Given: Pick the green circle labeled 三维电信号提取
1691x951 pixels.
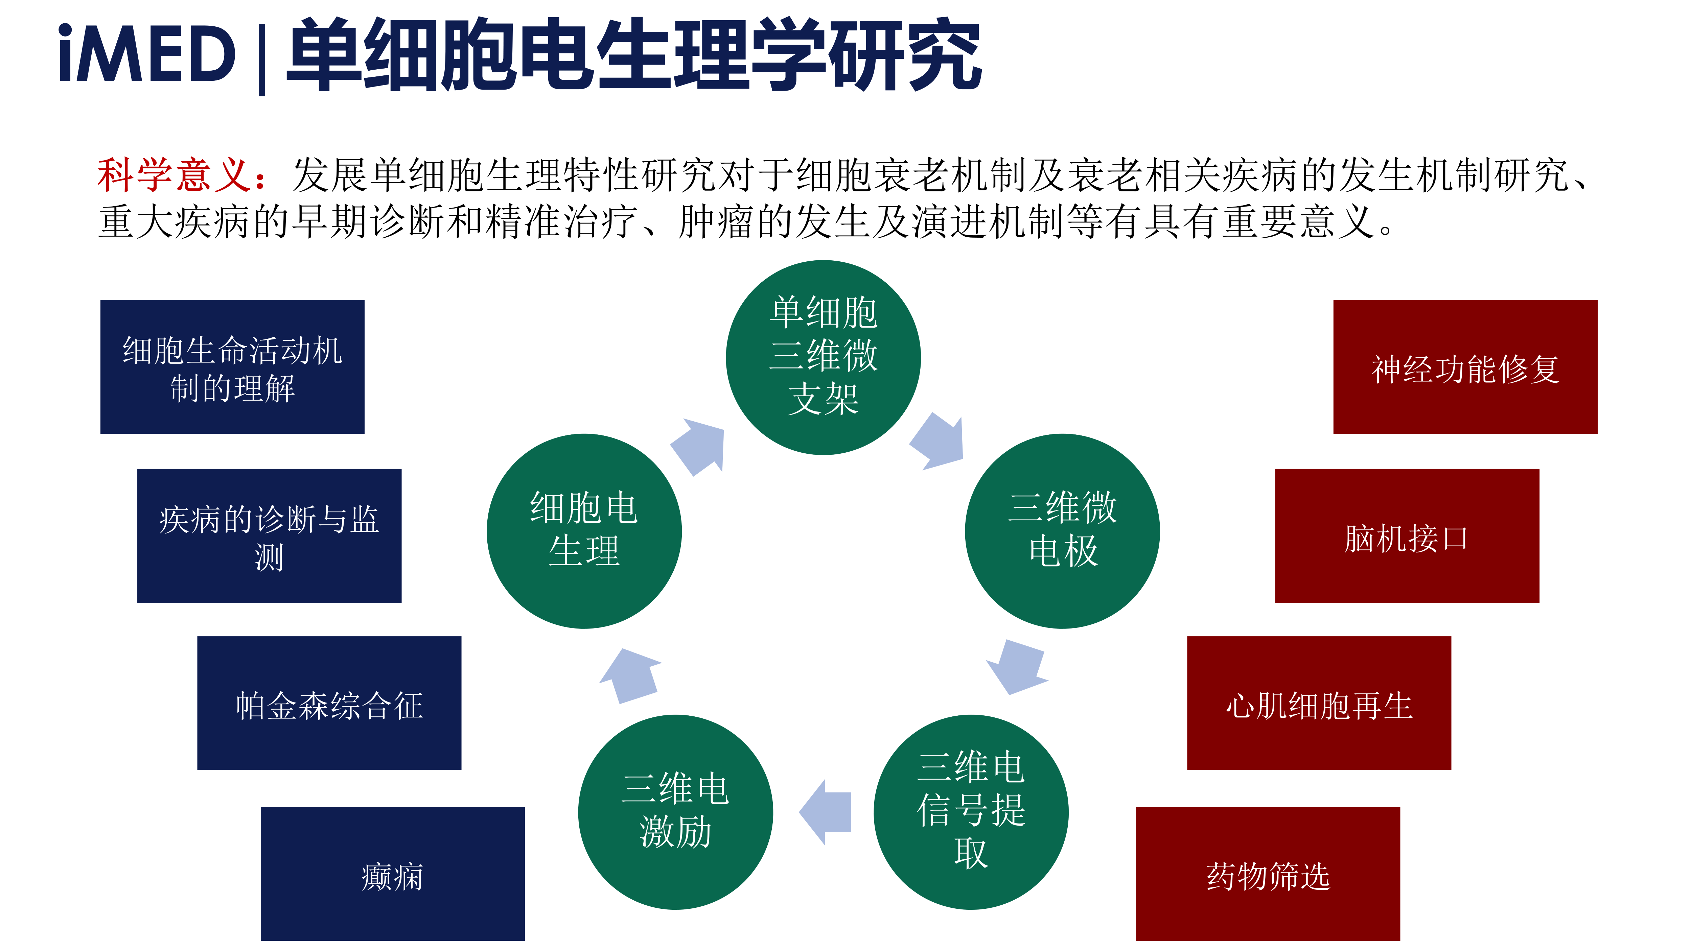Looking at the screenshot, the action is click(x=971, y=812).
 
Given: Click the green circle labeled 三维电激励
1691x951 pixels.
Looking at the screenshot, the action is click(x=675, y=812).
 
